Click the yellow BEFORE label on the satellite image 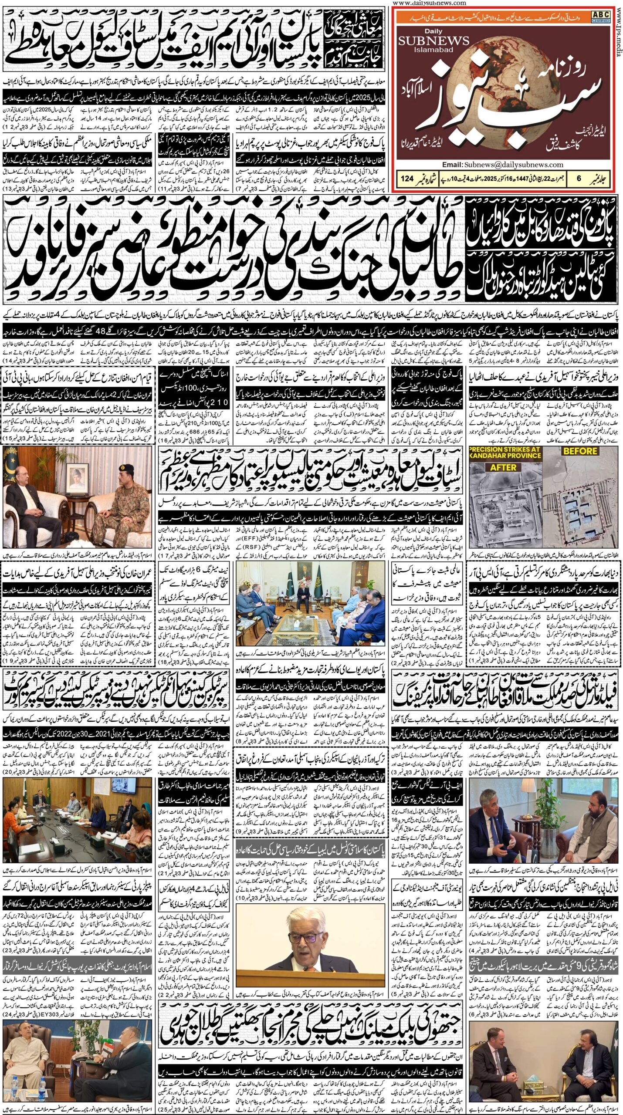(579, 451)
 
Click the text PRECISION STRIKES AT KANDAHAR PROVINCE (505, 453)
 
